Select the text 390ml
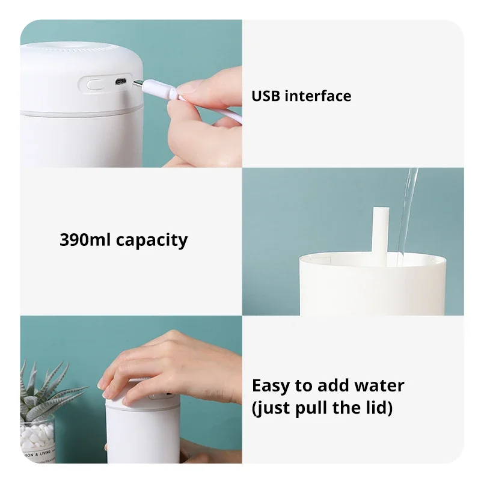click(x=85, y=240)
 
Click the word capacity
click(x=152, y=240)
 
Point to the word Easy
click(x=270, y=385)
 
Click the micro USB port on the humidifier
click(x=120, y=81)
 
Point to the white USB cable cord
click(x=210, y=108)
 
